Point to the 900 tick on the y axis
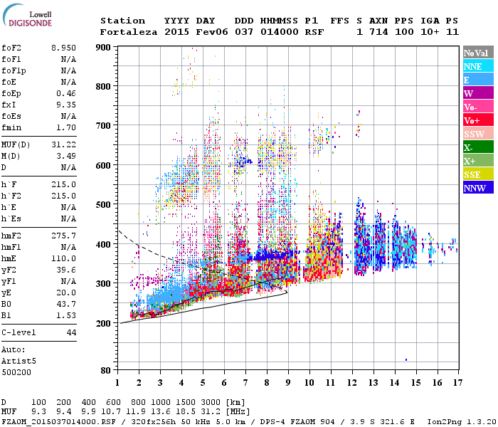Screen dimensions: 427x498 tap(105, 48)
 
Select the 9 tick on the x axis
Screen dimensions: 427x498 tap(288, 382)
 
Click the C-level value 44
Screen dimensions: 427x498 tap(71, 332)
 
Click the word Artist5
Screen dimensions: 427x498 tap(19, 361)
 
